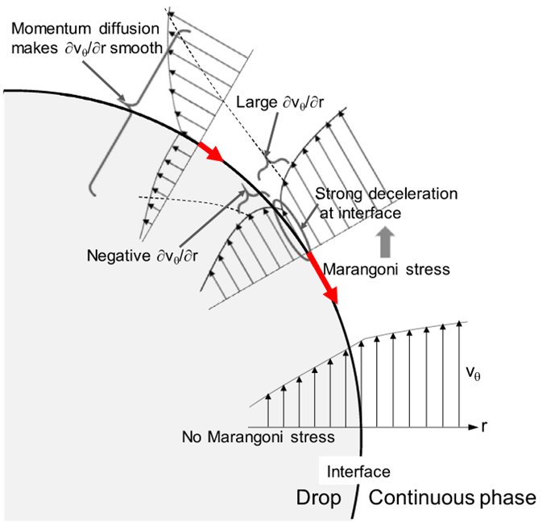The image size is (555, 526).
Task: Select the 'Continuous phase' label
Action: click(451, 499)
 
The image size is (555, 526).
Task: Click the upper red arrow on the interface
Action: click(213, 151)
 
